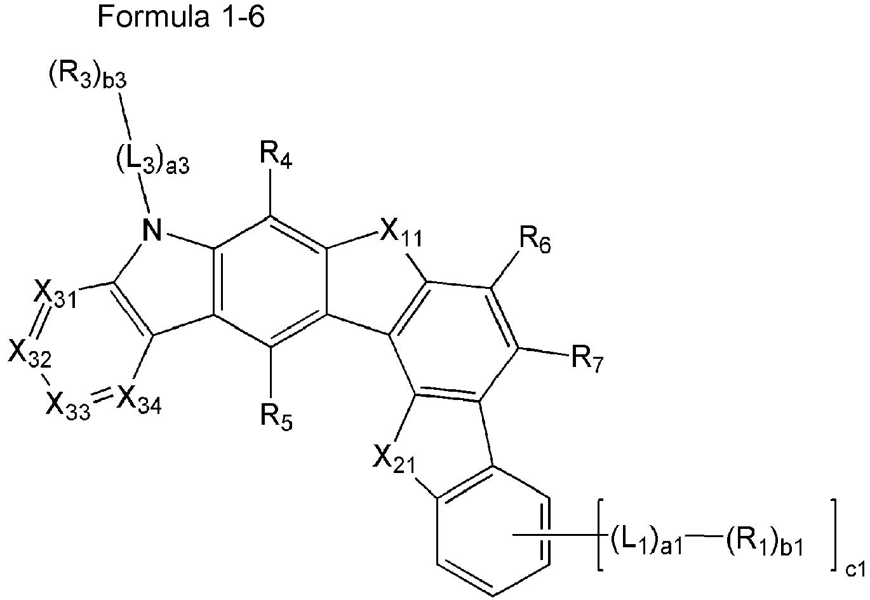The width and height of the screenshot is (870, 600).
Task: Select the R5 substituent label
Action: [276, 418]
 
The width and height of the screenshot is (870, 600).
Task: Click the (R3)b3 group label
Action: [88, 76]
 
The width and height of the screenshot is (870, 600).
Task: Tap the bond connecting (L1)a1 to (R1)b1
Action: [704, 538]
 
